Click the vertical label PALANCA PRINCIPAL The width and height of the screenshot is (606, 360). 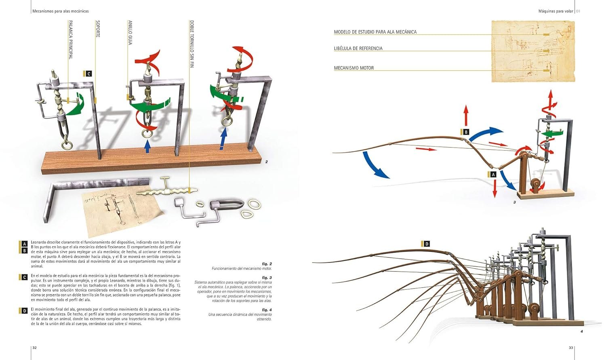coord(71,40)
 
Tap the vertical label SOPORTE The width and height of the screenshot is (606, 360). coord(98,29)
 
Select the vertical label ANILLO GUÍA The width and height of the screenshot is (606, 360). coord(130,32)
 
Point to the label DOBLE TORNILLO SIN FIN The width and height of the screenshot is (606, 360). coord(191,44)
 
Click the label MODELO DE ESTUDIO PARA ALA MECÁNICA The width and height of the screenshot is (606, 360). coord(375,32)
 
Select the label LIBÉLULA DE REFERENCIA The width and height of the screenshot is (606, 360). coord(358,48)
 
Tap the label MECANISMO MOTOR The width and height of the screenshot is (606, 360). coord(353,68)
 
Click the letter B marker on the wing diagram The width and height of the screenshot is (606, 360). coord(466,132)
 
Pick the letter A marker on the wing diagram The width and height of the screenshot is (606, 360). coord(492,175)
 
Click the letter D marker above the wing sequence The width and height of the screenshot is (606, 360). coord(427,244)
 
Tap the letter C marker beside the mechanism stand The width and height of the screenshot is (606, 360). coord(89,74)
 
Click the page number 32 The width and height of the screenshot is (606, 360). coord(35,347)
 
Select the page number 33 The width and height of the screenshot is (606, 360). coord(570,347)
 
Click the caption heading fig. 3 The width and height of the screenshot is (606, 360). coord(267,278)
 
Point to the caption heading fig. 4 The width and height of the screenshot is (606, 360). coord(267,310)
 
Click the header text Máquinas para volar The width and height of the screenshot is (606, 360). coord(556,11)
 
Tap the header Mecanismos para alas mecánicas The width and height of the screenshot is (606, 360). coord(61,11)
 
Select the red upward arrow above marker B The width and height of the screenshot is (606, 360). coord(466,116)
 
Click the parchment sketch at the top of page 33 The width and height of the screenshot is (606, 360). coord(533,51)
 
